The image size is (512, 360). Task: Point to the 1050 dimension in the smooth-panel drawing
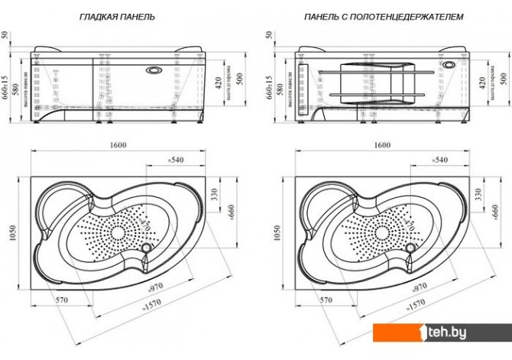[x=10, y=238]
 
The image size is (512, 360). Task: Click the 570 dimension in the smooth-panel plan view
[x=63, y=300]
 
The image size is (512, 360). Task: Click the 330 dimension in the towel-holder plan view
[x=479, y=196]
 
